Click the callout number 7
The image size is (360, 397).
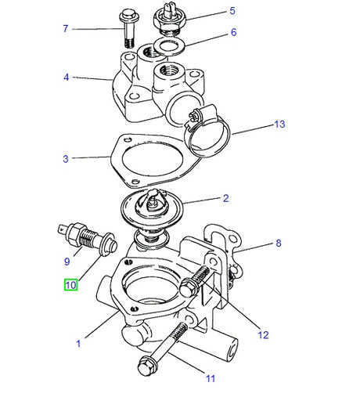tap(67, 29)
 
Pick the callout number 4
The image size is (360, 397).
tap(67, 78)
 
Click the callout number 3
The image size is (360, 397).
tap(67, 159)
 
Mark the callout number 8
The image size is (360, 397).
tap(277, 244)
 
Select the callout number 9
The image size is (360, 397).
tap(67, 262)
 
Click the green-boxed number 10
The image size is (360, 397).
tap(70, 286)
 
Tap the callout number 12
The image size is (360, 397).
tap(263, 335)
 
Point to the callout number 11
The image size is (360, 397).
tap(210, 379)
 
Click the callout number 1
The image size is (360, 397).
tap(77, 343)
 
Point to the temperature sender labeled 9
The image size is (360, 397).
tap(85, 236)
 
